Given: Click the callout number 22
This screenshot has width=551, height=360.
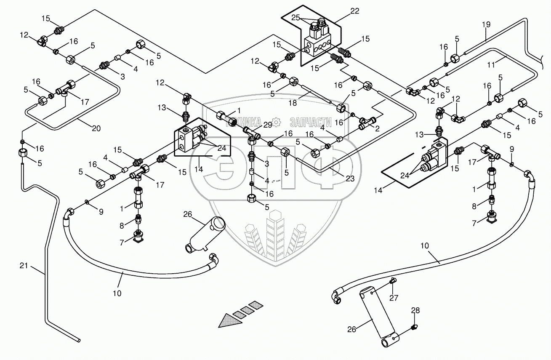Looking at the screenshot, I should point(354,11).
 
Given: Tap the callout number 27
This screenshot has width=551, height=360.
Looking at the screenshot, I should point(393,299).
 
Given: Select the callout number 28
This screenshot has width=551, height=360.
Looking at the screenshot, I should point(415,311).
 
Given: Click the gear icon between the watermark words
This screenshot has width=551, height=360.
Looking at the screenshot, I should point(276,122).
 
